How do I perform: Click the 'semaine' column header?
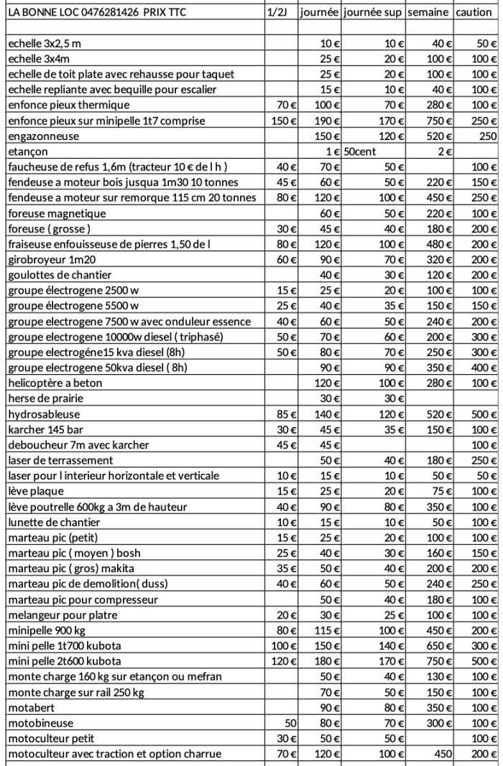point(429,13)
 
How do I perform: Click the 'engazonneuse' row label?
point(44,136)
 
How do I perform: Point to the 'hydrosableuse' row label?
point(45,414)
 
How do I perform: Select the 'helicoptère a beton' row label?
point(55,383)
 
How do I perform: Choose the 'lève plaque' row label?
point(36,491)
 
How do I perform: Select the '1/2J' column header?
point(279,13)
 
